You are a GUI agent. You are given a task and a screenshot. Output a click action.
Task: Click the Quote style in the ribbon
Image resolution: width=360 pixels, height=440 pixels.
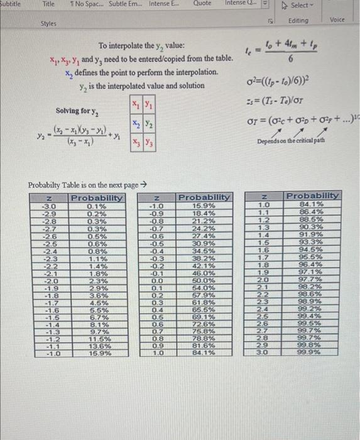coord(202,4)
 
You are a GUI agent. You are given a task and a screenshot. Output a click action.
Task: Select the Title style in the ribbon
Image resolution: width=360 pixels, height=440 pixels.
coord(48,4)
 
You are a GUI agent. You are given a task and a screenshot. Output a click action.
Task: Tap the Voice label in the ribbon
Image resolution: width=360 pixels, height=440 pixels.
coord(337,20)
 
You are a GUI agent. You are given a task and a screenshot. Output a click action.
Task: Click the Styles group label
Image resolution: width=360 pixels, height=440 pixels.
coord(49,23)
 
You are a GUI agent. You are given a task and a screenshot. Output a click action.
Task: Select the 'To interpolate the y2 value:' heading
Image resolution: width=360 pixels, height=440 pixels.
coord(141,47)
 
